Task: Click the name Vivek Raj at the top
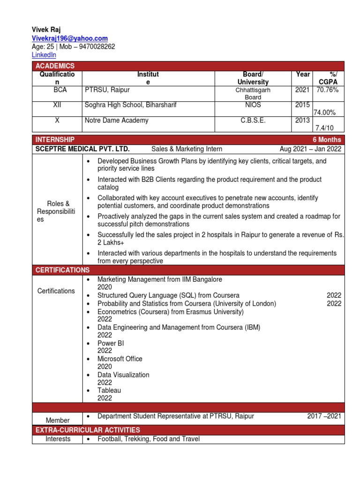[x=46, y=30]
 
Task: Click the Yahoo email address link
[x=69, y=38]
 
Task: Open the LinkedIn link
[x=44, y=55]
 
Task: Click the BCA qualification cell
[x=57, y=90]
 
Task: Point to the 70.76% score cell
[x=327, y=90]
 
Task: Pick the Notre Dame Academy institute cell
[x=116, y=120]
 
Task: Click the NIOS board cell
[x=253, y=105]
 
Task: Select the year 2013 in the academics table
[x=302, y=120]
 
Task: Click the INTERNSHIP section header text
[x=54, y=140]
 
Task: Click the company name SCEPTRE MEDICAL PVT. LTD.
[x=82, y=149]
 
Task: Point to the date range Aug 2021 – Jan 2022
[x=310, y=149]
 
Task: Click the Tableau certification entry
[x=109, y=390]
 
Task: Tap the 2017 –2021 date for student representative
[x=324, y=416]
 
